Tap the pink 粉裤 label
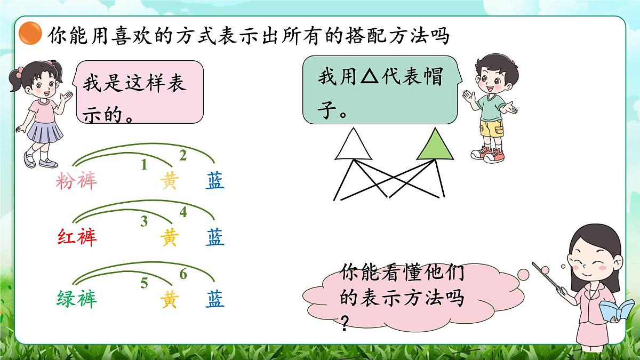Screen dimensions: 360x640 coord(77,182)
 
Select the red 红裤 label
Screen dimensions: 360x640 coord(77,237)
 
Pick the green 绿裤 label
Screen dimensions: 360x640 coord(77,299)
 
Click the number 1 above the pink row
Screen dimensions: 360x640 coord(143,165)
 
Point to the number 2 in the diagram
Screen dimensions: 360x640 coord(183,156)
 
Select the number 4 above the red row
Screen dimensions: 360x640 coord(183,212)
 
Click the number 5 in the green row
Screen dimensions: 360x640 coord(144,283)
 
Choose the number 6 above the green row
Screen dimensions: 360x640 coord(183,275)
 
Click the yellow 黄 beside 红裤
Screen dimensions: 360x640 coord(169,238)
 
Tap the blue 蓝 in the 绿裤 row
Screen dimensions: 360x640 coord(215,299)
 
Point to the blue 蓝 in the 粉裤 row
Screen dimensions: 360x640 coord(215,182)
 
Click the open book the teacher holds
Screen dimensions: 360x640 coord(616,310)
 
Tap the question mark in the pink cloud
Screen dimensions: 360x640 coord(345,322)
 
